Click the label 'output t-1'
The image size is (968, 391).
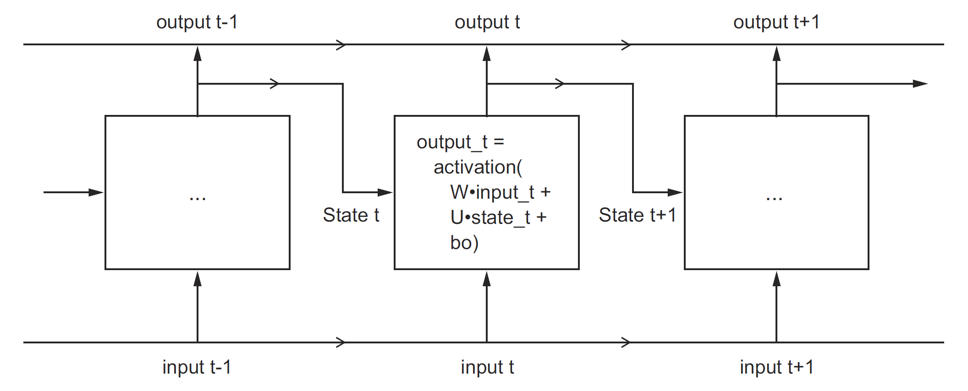click(x=197, y=22)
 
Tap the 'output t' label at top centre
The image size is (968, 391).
click(x=487, y=22)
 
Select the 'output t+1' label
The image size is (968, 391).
click(x=776, y=22)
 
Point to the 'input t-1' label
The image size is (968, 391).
click(x=197, y=367)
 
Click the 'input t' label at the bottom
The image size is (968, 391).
click(x=487, y=367)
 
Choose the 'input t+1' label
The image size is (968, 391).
click(x=776, y=367)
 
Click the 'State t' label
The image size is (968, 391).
click(x=351, y=215)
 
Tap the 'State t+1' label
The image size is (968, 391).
click(x=637, y=215)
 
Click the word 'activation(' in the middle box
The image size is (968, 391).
click(x=478, y=168)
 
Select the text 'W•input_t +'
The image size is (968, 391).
click(x=500, y=192)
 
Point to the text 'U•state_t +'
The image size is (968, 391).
click(x=498, y=217)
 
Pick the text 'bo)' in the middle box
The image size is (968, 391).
click(x=464, y=243)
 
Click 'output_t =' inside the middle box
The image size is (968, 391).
click(x=460, y=142)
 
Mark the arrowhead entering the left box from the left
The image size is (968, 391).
click(x=96, y=192)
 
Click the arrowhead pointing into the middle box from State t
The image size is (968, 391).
click(x=385, y=192)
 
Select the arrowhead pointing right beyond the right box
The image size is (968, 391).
click(x=920, y=84)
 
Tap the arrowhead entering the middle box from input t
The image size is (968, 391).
click(x=487, y=279)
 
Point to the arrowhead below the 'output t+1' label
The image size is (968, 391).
click(x=776, y=54)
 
